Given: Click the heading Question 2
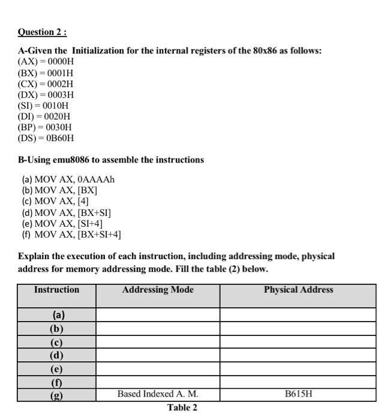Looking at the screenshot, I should point(43,32).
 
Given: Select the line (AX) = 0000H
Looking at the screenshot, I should point(46,61).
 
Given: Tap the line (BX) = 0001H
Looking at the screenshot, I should point(46,73).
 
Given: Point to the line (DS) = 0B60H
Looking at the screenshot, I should point(46,138).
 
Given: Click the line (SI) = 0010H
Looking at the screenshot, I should point(44,106).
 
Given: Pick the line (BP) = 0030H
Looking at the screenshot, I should point(45,127).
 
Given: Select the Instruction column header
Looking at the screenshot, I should point(56,290).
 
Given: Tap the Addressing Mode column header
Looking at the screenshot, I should point(158,290).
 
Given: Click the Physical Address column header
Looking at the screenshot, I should point(298,290).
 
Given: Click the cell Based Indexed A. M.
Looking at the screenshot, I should point(158,394).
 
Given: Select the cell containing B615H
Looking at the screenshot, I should point(298,394).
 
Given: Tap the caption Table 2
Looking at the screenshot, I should point(182,408).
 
